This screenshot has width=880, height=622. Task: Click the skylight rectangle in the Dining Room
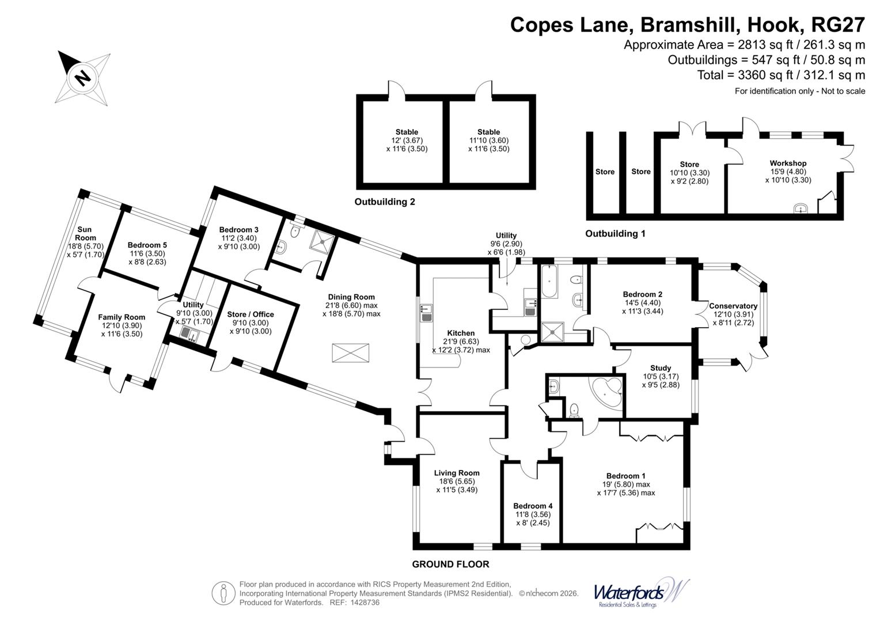[x=350, y=352]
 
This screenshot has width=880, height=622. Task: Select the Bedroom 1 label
[x=625, y=476]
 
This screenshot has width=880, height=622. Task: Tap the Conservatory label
[x=733, y=306]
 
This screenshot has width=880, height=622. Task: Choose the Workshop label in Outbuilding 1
[x=788, y=164]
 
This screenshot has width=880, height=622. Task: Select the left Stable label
[x=407, y=132]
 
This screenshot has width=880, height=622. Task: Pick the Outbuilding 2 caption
[x=385, y=202]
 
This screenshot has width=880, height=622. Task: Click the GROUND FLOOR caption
[x=450, y=564]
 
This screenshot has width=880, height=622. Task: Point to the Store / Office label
[x=250, y=314]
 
